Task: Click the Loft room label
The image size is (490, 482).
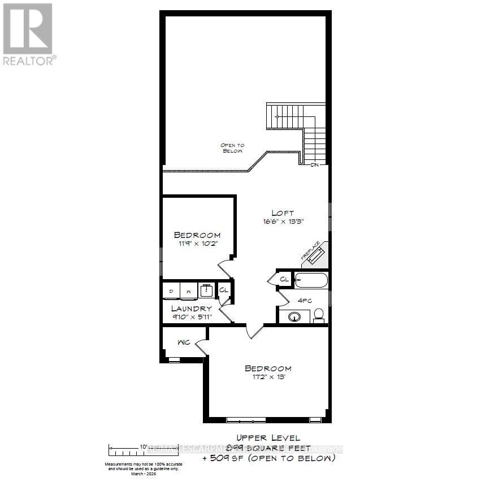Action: pyautogui.click(x=283, y=213)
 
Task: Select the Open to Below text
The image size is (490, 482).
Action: pyautogui.click(x=232, y=148)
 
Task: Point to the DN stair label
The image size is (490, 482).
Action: pyautogui.click(x=315, y=165)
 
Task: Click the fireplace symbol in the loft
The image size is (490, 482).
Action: pyautogui.click(x=313, y=254)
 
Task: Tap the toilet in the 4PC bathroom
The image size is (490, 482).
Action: pyautogui.click(x=318, y=314)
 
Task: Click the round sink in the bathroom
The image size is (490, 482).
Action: pyautogui.click(x=294, y=316)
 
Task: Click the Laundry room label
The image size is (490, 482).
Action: pyautogui.click(x=192, y=309)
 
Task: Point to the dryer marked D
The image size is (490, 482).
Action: pyautogui.click(x=171, y=290)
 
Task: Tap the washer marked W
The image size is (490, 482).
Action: pyautogui.click(x=188, y=290)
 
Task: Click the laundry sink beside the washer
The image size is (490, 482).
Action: pyautogui.click(x=206, y=290)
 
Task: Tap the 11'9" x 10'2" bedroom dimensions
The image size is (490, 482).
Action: pyautogui.click(x=197, y=244)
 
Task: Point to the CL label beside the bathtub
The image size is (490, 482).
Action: pyautogui.click(x=284, y=279)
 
